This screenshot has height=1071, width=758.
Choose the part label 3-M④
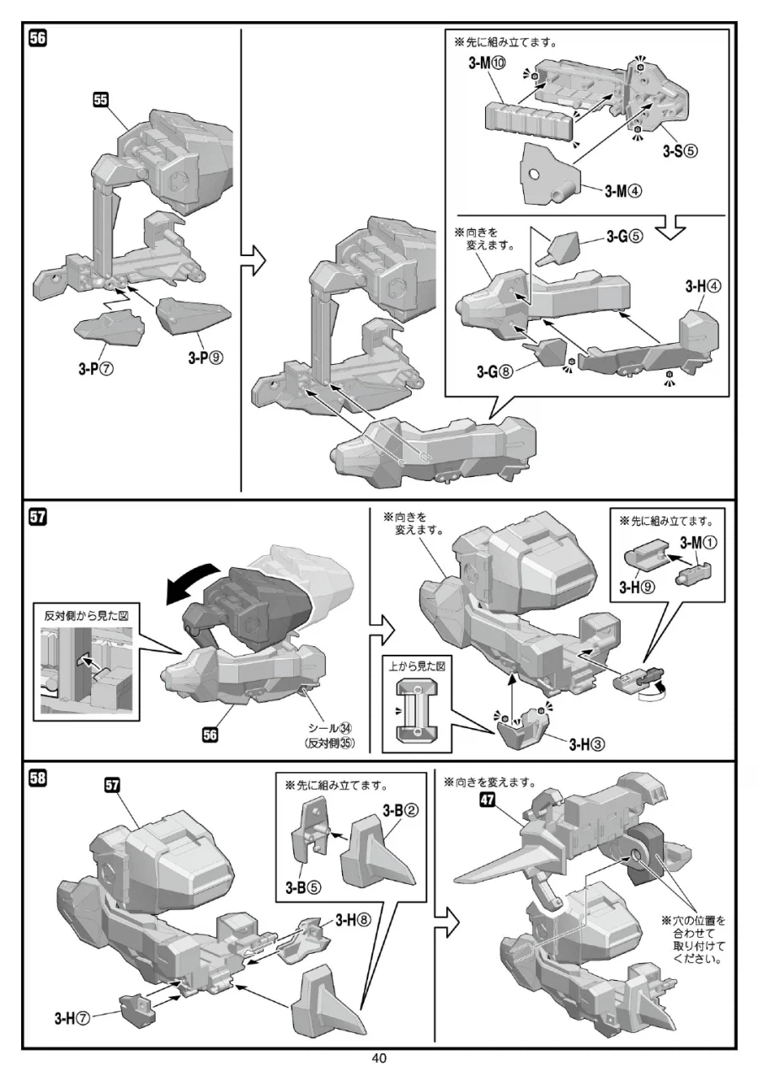pyautogui.click(x=623, y=190)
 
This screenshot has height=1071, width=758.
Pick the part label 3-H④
pyautogui.click(x=702, y=286)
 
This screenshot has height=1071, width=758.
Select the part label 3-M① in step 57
pyautogui.click(x=697, y=544)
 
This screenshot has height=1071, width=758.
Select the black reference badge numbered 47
pyautogui.click(x=487, y=801)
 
